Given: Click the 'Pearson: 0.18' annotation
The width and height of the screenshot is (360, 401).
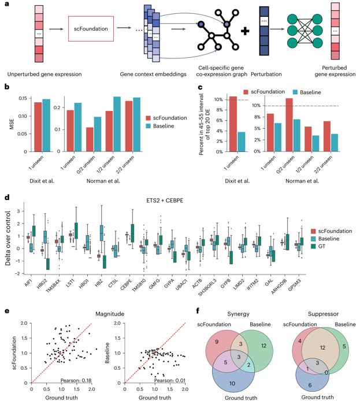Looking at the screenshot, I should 77,379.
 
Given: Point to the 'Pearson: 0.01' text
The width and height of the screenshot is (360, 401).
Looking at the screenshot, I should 169,379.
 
